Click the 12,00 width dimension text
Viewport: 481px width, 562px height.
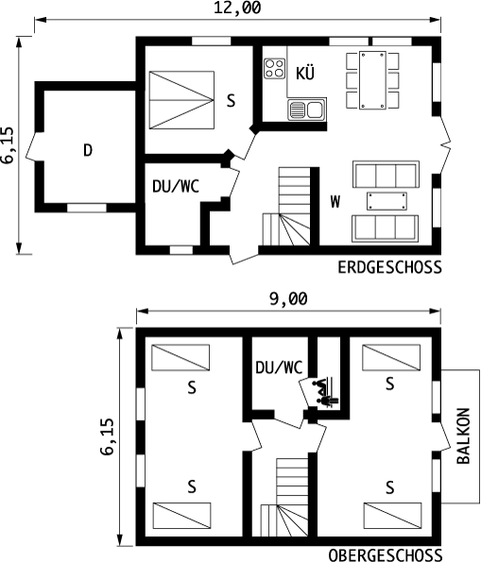point(237,8)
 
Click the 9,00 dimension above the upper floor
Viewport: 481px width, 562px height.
point(288,298)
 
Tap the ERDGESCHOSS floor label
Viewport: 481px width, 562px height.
point(389,267)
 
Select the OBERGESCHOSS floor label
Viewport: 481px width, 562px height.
point(385,555)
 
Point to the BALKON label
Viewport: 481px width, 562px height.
point(463,435)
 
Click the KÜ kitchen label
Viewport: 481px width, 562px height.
point(305,73)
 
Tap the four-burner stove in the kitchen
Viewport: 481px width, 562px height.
point(275,68)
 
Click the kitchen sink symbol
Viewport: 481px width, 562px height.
point(307,110)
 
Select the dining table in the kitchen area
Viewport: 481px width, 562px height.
point(372,80)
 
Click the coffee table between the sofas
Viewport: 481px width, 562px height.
point(387,201)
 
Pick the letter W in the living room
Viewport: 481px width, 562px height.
point(335,201)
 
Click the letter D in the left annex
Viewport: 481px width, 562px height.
point(88,150)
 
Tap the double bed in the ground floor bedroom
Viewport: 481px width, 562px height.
point(181,100)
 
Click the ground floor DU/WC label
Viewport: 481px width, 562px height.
point(176,186)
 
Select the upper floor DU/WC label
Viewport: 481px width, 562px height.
point(279,367)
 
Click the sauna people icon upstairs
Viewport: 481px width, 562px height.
point(325,392)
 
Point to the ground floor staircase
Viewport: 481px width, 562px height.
point(286,207)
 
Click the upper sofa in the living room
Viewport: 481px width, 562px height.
point(386,174)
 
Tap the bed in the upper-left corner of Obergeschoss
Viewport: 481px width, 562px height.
point(180,357)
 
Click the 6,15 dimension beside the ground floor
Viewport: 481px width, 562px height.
point(8,145)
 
